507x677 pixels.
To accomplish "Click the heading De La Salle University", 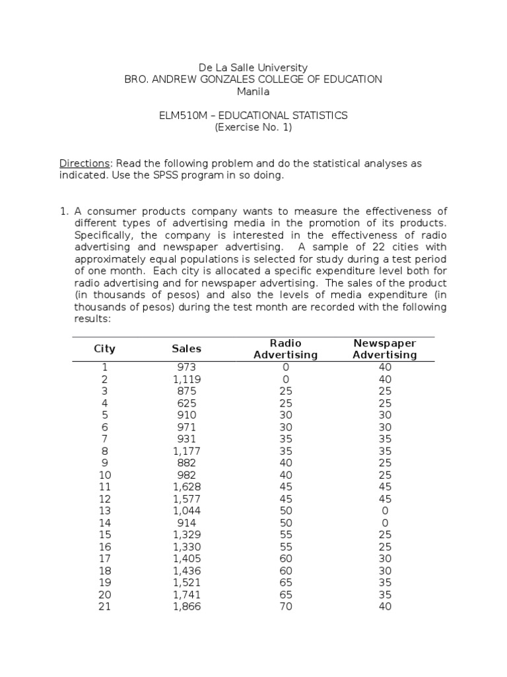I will pos(253,67).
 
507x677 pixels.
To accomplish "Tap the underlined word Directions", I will pos(83,163).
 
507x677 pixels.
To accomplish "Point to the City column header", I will pos(104,348).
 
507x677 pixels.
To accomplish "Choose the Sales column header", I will pos(187,348).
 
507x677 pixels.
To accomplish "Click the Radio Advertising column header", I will pos(285,348).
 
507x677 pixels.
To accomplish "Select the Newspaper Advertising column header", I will pos(385,348).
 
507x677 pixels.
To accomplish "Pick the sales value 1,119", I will pos(187,379).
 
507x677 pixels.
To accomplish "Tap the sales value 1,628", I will pos(187,487).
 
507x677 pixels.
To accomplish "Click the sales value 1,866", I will pos(187,606).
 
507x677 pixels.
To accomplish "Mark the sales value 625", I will pos(187,403).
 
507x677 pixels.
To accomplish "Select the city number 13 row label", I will pos(104,511).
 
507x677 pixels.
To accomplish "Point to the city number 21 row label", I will pos(104,606).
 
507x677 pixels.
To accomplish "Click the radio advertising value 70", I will pos(285,606).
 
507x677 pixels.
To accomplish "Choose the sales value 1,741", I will pos(187,594).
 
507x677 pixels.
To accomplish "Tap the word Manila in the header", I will pos(253,91).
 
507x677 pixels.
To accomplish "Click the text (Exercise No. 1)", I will pos(253,128).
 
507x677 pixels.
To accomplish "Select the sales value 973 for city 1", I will pos(187,367).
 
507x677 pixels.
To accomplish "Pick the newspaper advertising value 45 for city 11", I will pos(385,487).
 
